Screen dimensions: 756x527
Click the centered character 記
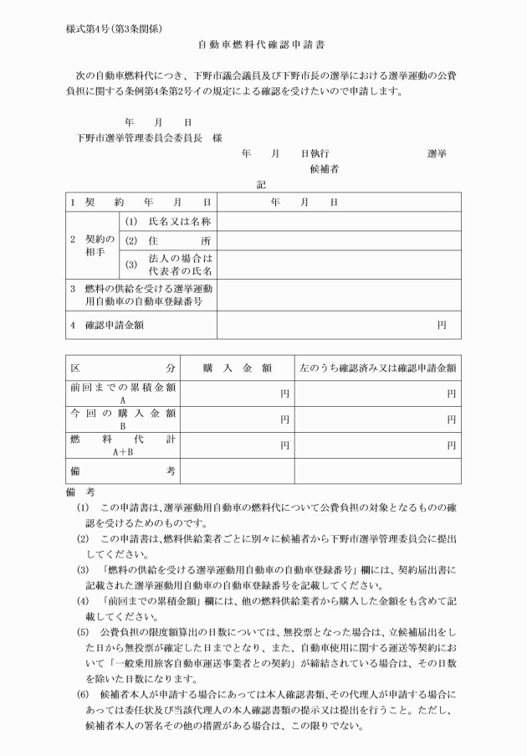pos(261,186)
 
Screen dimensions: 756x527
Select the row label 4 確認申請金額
pos(112,324)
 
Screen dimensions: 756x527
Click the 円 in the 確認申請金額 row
pos(442,325)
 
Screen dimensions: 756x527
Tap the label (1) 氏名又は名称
pos(168,222)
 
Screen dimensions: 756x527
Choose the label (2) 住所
pos(168,241)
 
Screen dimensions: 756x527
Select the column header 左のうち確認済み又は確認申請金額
pos(377,368)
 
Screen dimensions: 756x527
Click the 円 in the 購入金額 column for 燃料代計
pos(284,445)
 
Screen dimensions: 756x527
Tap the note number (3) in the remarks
pos(82,570)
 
